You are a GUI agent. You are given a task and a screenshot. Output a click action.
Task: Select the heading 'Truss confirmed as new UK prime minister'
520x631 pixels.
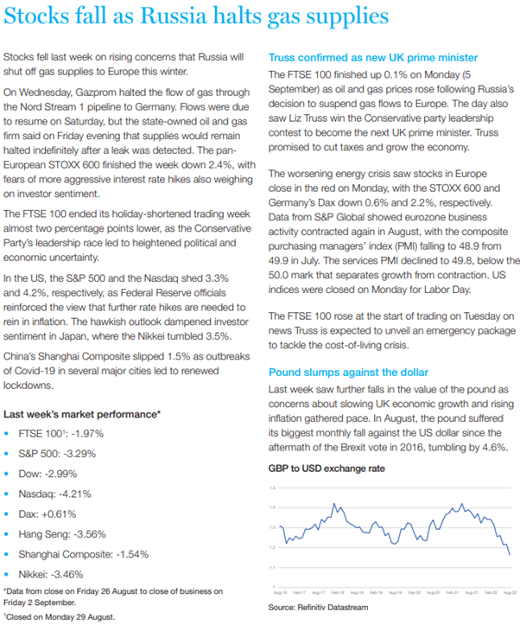[x=373, y=57]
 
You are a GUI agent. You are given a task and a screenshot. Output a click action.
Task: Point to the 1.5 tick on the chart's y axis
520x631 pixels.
[x=273, y=488]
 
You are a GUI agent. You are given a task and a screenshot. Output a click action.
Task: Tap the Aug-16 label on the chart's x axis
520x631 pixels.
[x=279, y=592]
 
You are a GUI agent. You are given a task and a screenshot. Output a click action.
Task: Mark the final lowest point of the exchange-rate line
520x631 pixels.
[x=510, y=555]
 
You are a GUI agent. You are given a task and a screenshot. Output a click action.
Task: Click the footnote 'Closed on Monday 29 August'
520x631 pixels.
[x=60, y=617]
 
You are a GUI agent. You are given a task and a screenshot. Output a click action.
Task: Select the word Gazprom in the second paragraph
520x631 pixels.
[x=95, y=90]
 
